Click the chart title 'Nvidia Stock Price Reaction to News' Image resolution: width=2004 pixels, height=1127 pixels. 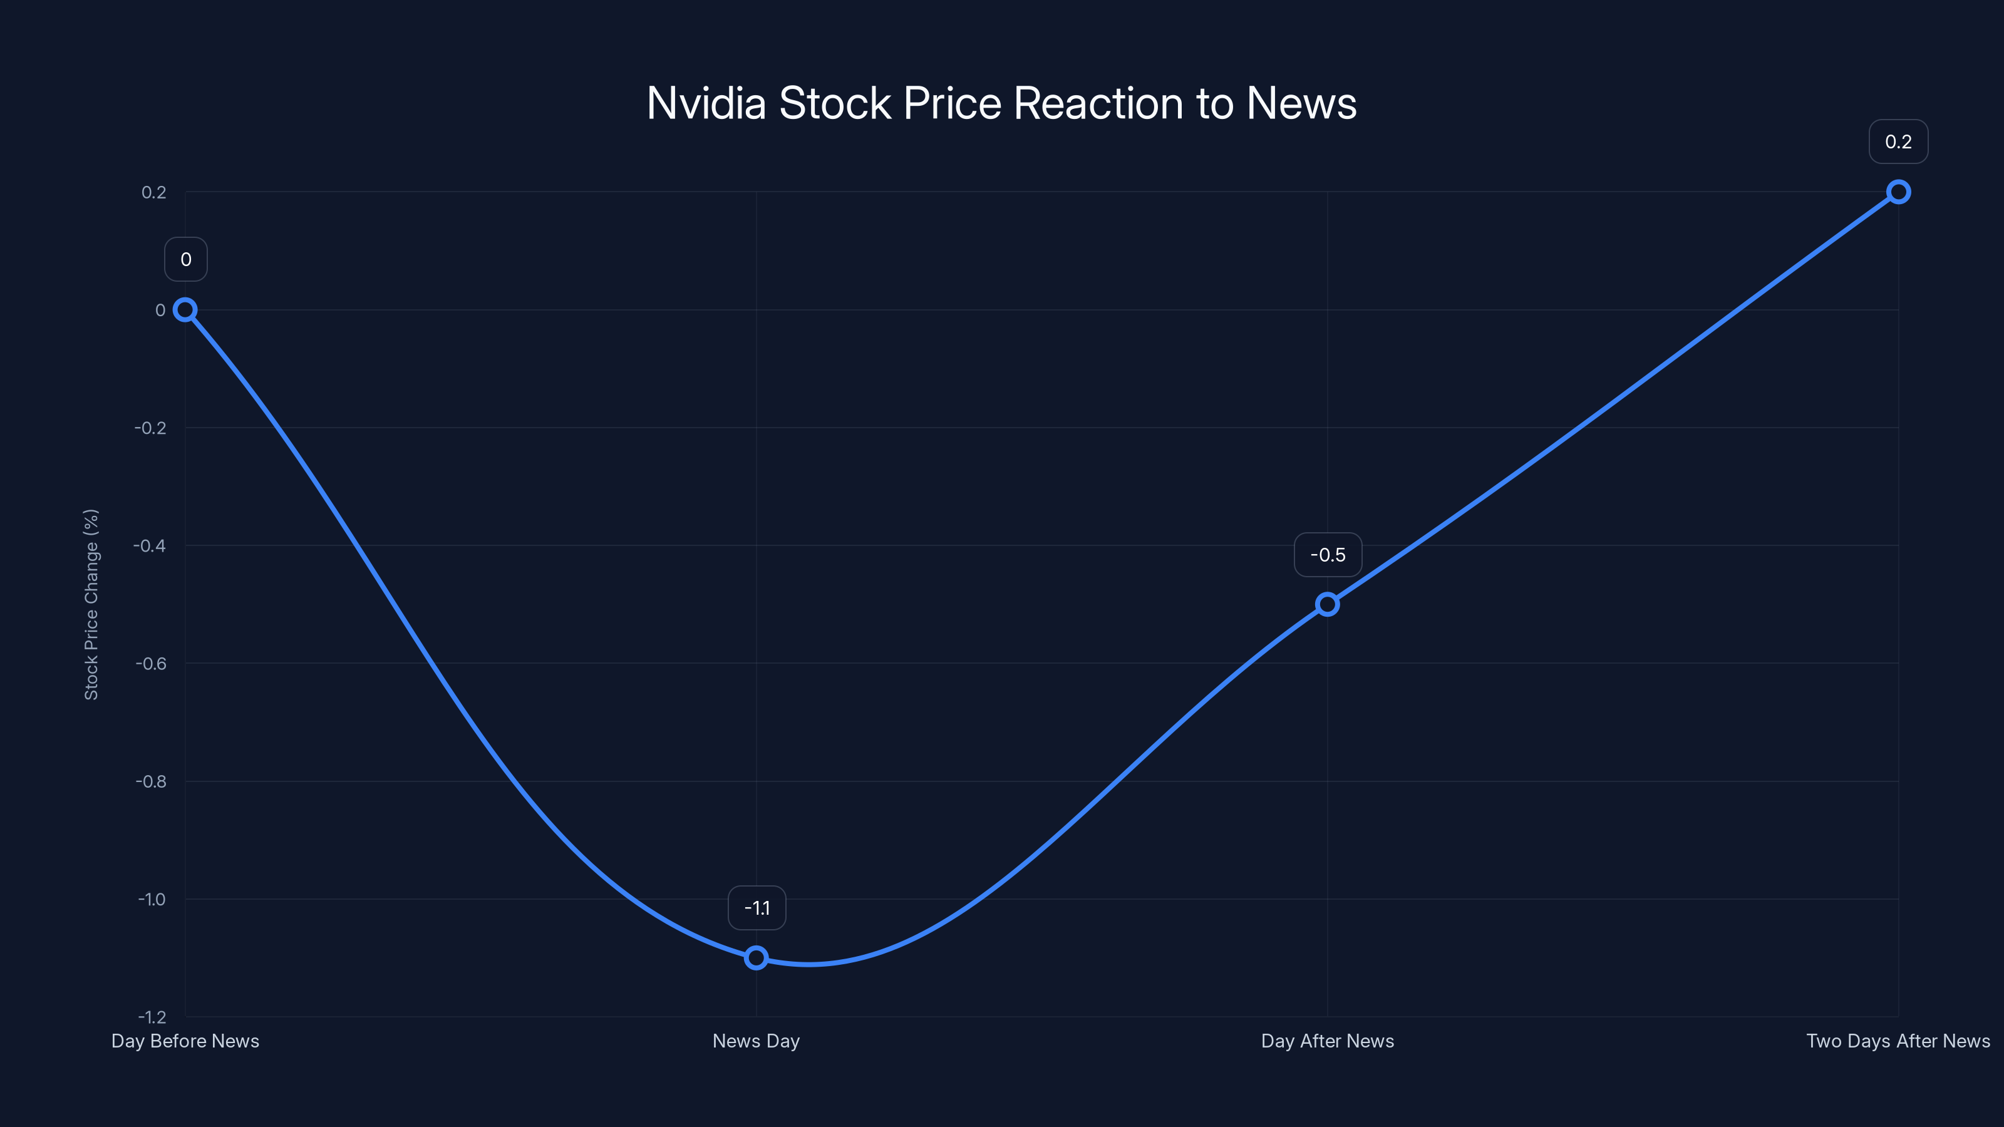(1001, 103)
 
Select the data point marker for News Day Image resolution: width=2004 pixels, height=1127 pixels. (756, 957)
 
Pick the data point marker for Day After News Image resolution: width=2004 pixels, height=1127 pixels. (1327, 604)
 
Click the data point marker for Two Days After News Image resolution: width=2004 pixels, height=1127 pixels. (1898, 192)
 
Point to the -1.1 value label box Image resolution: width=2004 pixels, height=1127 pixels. (757, 908)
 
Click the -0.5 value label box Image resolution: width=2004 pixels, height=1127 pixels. (1328, 555)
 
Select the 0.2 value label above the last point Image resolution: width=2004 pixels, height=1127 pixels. (1898, 142)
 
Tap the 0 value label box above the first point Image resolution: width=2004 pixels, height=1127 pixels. (186, 259)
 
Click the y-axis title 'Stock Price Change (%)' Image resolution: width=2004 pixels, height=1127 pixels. (91, 604)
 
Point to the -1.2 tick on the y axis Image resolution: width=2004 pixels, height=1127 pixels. (152, 1017)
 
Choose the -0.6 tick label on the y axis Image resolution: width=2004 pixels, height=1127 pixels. (151, 664)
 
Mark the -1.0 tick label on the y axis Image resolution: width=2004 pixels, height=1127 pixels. (152, 899)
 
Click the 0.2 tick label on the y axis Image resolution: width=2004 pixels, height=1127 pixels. (154, 192)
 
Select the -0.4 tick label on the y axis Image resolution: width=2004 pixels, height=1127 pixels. (150, 545)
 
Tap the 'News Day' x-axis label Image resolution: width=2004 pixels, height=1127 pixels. (756, 1041)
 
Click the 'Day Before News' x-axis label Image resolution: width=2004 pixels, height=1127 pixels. (185, 1041)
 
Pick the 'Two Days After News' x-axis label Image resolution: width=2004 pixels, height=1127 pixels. (1898, 1041)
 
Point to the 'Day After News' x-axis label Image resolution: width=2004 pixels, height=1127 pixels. (1327, 1041)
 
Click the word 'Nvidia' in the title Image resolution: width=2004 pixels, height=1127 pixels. (706, 103)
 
